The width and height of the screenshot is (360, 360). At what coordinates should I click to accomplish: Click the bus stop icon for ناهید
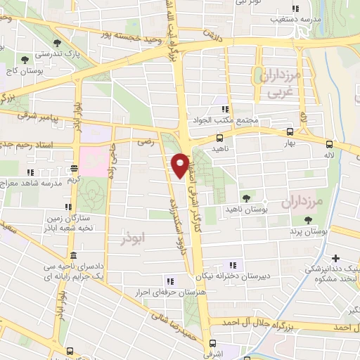tap(220, 139)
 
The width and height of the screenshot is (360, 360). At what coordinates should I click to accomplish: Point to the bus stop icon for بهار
tap(290, 131)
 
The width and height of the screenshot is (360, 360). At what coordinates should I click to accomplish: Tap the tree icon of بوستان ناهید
tap(245, 199)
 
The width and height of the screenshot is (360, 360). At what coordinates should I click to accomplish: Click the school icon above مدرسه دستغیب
tap(296, 9)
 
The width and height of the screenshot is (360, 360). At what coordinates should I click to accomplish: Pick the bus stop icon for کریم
tap(74, 169)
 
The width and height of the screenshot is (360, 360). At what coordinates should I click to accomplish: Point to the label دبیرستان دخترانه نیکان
tap(232, 276)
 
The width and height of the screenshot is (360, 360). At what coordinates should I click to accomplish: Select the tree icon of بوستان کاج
tap(26, 61)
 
